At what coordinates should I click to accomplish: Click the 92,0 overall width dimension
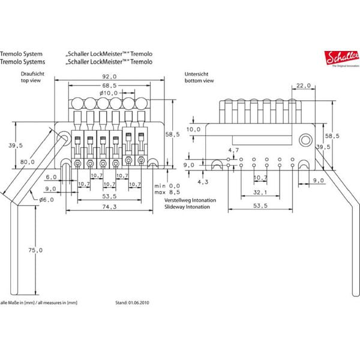point(109,77)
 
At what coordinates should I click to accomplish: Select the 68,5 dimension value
point(109,85)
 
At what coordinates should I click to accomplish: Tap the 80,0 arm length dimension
point(27,161)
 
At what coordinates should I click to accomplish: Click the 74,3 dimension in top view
point(109,207)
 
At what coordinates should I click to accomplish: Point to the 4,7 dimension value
point(235,149)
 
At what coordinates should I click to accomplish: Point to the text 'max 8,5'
point(167,192)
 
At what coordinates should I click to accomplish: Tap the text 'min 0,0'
point(167,185)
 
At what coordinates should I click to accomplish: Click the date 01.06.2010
point(137,304)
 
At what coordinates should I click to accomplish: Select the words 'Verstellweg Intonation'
point(187,200)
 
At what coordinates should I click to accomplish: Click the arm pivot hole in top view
point(63,140)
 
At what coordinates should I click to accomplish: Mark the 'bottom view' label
point(200,79)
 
